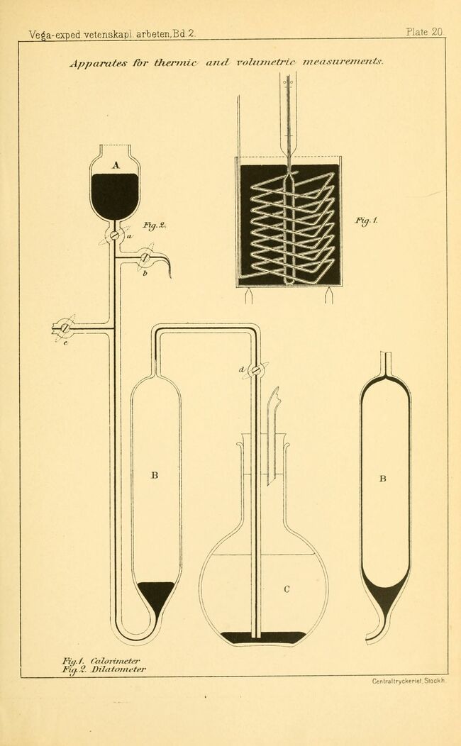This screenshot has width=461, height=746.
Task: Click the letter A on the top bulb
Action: click(116, 165)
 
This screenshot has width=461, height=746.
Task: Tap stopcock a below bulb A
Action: click(114, 235)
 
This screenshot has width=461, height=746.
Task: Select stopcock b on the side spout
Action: click(145, 257)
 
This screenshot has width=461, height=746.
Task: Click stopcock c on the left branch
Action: click(65, 328)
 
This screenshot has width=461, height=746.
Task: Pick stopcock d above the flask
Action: click(256, 369)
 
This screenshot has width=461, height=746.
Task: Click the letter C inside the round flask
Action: click(287, 589)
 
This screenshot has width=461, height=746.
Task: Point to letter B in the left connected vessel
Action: click(155, 475)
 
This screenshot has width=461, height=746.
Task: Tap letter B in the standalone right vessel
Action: click(382, 479)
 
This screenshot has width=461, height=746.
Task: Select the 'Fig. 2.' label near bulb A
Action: click(153, 226)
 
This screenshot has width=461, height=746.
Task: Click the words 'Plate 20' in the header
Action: click(424, 32)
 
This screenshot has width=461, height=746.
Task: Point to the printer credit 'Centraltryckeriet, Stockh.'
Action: click(409, 681)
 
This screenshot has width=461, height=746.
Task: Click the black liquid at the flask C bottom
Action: click(263, 638)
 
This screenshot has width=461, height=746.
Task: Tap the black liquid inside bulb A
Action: click(115, 196)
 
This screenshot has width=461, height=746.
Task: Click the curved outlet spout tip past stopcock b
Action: click(170, 276)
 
